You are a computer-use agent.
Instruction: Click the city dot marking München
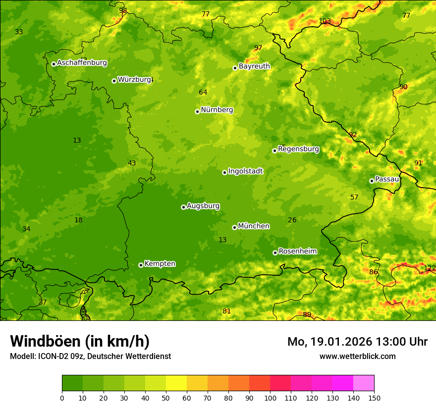point(234,227)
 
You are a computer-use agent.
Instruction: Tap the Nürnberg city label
point(217,110)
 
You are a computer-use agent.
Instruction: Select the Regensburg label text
point(298,149)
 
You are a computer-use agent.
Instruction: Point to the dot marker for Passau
point(372,181)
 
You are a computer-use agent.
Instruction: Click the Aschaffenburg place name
point(82,63)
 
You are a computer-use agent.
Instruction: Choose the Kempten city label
point(160,264)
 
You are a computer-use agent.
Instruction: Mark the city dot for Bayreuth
point(235,68)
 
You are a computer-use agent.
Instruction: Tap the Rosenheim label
point(297,252)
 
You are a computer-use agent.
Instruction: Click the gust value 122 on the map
point(430,268)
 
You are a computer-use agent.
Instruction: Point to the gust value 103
point(325,21)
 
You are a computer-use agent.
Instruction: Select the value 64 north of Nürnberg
point(203,92)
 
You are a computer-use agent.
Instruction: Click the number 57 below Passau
point(354,197)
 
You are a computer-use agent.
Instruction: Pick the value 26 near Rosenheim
point(292,220)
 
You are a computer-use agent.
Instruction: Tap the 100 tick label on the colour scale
point(270,398)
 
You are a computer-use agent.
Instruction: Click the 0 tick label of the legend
point(62,398)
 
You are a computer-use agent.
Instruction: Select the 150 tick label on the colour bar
point(374,398)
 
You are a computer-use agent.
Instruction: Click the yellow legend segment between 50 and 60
point(176,383)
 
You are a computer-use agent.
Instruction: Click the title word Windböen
point(46,341)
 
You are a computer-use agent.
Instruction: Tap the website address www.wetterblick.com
point(357,356)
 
